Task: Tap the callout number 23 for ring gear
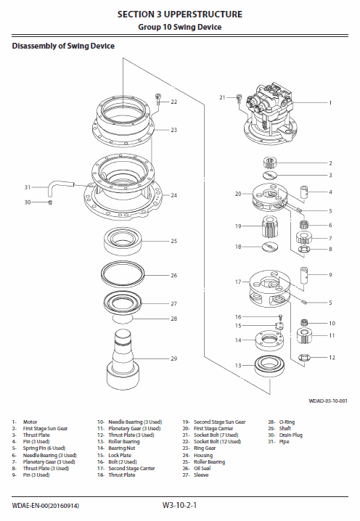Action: (x=174, y=130)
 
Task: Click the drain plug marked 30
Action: (x=49, y=202)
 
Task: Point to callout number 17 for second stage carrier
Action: (x=237, y=282)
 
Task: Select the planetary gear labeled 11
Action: (x=305, y=336)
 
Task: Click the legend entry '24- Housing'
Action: (x=202, y=455)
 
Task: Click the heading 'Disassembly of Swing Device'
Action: (x=63, y=46)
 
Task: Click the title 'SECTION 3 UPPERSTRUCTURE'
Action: (x=180, y=14)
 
